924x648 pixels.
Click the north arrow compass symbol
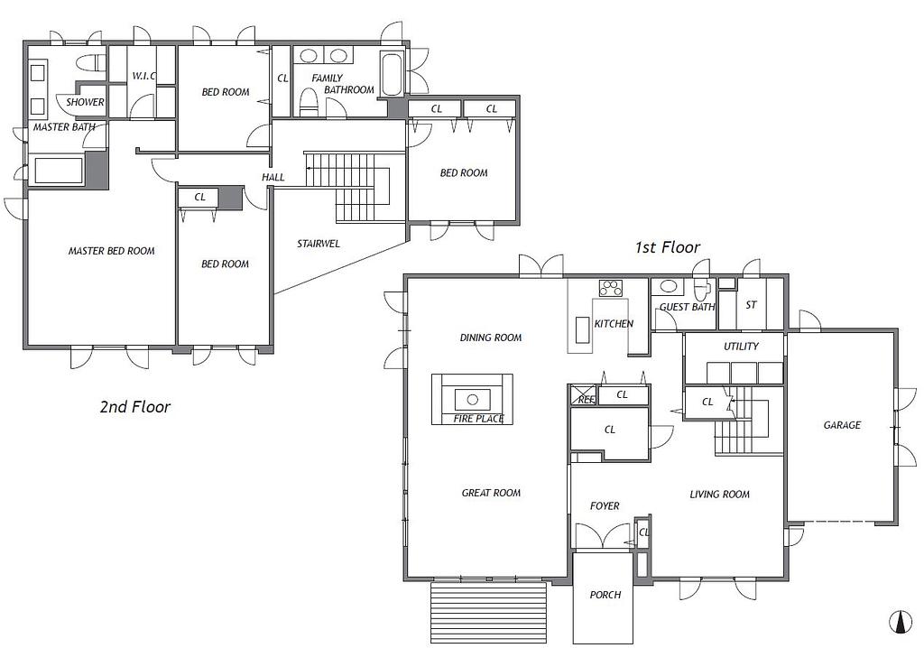[900, 623]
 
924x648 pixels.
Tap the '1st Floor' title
[667, 247]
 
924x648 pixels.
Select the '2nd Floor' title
[135, 406]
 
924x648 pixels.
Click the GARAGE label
[842, 424]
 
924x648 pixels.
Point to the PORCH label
[605, 595]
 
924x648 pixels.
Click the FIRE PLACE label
[478, 419]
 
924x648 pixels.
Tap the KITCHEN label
[614, 323]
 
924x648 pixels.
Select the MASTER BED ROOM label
[111, 251]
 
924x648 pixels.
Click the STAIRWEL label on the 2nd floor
[319, 244]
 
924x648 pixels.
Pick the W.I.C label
[143, 76]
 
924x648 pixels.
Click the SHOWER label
[85, 102]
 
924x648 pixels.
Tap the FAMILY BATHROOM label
[342, 84]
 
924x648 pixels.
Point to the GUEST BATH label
[687, 307]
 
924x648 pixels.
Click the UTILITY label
[741, 346]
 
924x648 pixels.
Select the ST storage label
[751, 305]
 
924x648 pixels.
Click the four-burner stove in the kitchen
[611, 288]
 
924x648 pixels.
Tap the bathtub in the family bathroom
[392, 74]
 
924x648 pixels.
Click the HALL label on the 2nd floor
[273, 177]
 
